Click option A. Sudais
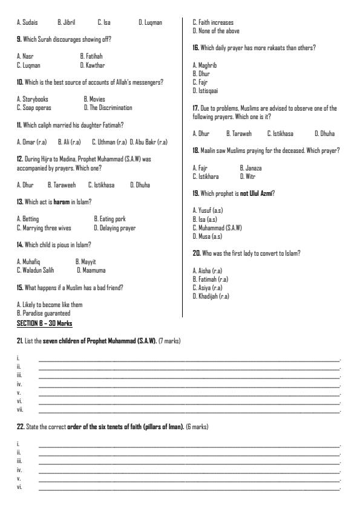coord(27,22)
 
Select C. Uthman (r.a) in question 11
coord(109,141)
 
